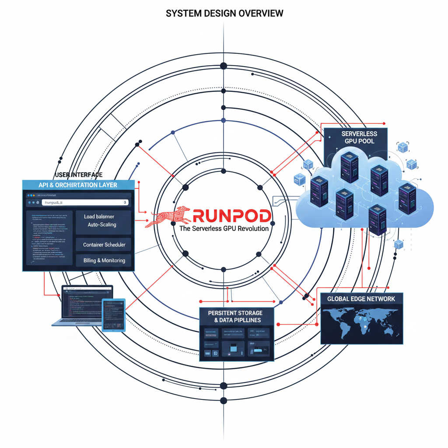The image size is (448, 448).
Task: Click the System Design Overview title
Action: tap(224, 14)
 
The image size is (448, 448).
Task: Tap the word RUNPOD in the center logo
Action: tap(232, 216)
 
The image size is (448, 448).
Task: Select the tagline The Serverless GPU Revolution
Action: tap(224, 228)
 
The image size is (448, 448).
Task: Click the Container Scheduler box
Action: tap(104, 245)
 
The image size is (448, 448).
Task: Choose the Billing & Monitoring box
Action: tap(104, 260)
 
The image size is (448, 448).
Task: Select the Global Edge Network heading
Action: tap(361, 299)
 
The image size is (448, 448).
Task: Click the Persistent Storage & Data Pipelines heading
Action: tap(235, 316)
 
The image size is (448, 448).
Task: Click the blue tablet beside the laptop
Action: tap(114, 315)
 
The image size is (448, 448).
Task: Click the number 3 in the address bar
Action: tap(125, 203)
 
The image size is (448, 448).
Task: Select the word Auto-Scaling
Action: tap(102, 224)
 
